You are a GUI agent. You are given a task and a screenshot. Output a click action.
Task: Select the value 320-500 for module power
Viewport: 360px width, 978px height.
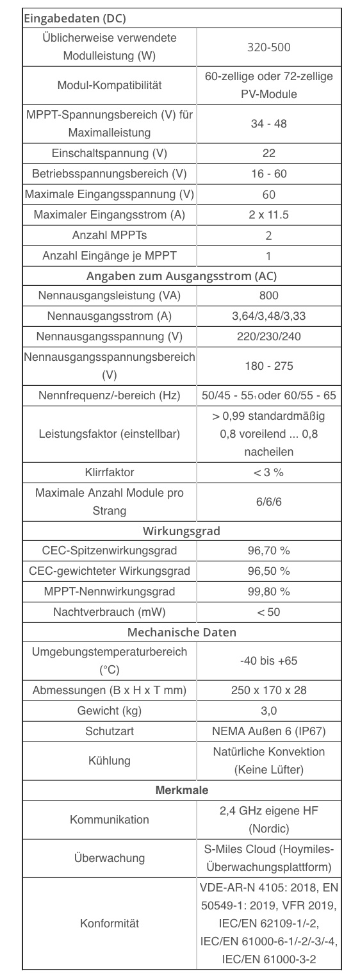pyautogui.click(x=268, y=47)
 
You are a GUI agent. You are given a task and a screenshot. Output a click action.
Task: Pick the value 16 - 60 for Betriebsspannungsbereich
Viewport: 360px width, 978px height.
pyautogui.click(x=268, y=174)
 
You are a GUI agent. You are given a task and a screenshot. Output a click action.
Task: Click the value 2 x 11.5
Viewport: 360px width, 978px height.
pyautogui.click(x=268, y=215)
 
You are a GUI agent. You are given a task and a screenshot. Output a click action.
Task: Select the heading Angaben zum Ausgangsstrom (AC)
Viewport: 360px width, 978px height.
pyautogui.click(x=181, y=276)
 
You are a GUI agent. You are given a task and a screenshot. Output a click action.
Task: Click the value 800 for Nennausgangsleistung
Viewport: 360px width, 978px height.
pyautogui.click(x=268, y=296)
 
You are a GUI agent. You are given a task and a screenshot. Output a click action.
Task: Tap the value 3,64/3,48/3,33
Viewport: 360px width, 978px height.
pyautogui.click(x=268, y=316)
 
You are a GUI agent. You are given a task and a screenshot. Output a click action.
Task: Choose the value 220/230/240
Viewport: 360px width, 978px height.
pyautogui.click(x=268, y=336)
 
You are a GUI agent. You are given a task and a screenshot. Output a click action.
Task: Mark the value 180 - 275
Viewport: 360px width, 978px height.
pyautogui.click(x=268, y=366)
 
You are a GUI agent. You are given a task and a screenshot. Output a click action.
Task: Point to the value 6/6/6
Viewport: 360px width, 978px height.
pyautogui.click(x=268, y=502)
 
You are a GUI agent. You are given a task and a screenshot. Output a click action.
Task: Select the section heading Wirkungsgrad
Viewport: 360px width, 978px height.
pyautogui.click(x=181, y=531)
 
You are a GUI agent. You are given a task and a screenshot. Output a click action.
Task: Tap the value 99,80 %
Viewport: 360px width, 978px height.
pyautogui.click(x=268, y=591)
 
